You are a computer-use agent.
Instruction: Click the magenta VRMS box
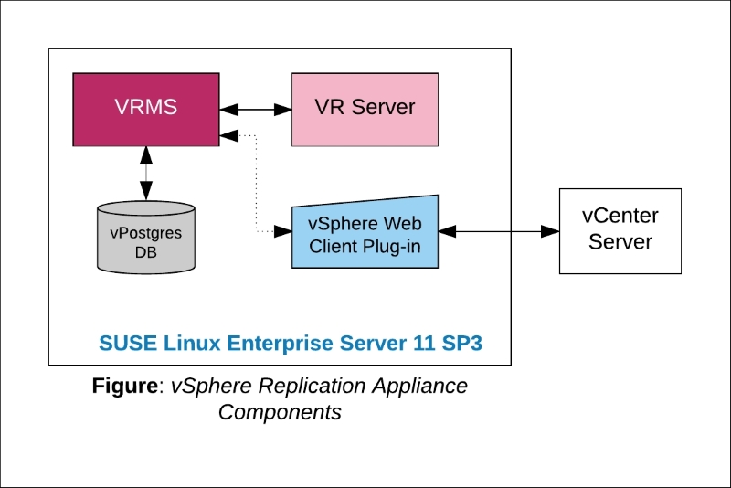[x=146, y=109]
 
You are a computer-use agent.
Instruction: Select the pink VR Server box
[x=365, y=109]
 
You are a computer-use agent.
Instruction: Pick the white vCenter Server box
[x=620, y=229]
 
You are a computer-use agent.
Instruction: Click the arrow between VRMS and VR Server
[x=255, y=109]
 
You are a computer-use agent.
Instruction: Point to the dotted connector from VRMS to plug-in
[x=256, y=187]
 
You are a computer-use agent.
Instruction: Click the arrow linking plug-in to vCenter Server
[x=499, y=232]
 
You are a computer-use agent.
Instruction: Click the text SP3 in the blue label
[x=462, y=344]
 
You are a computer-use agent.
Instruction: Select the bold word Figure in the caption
[x=125, y=386]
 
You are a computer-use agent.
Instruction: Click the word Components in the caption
[x=280, y=412]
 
